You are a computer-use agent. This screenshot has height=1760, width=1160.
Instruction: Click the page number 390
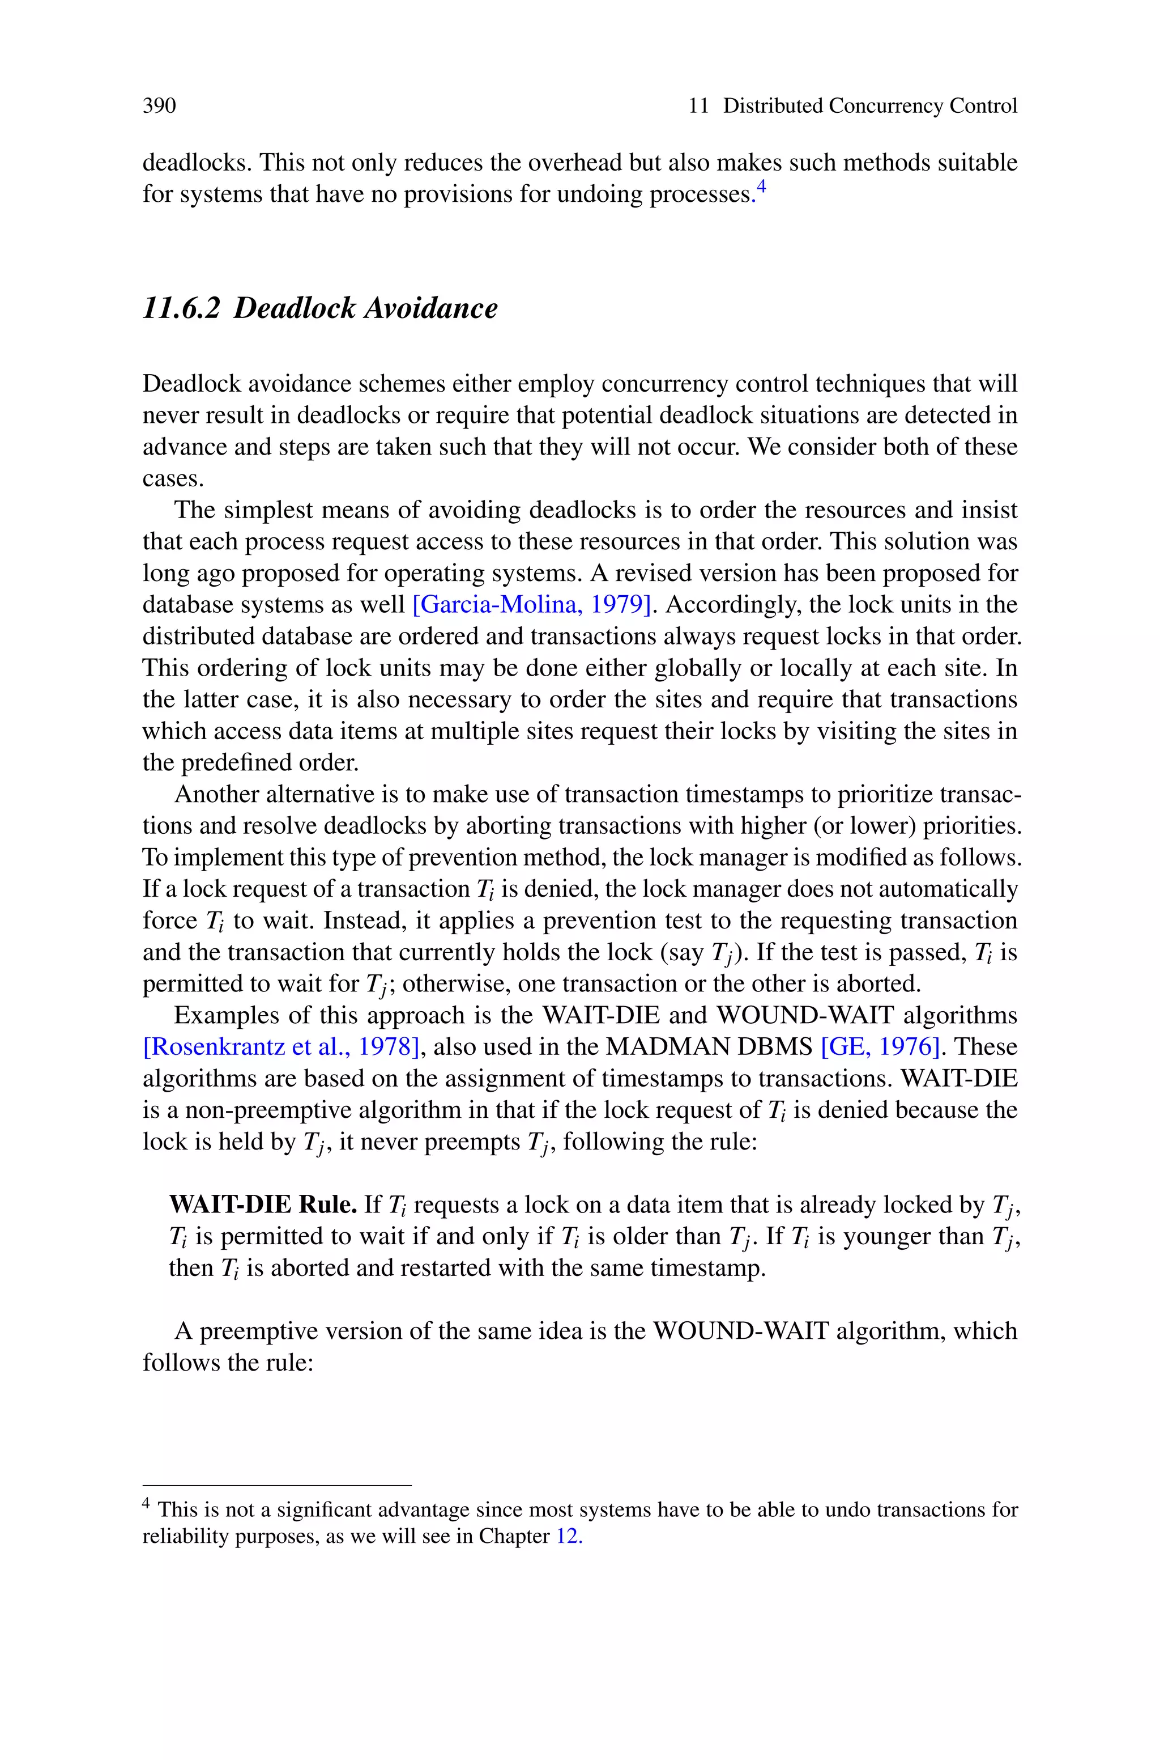(159, 106)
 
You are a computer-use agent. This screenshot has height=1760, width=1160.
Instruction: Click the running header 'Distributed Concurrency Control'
(869, 106)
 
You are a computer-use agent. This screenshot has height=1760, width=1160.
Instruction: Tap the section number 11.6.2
(181, 308)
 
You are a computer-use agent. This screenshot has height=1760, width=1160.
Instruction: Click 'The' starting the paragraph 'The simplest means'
(195, 510)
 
